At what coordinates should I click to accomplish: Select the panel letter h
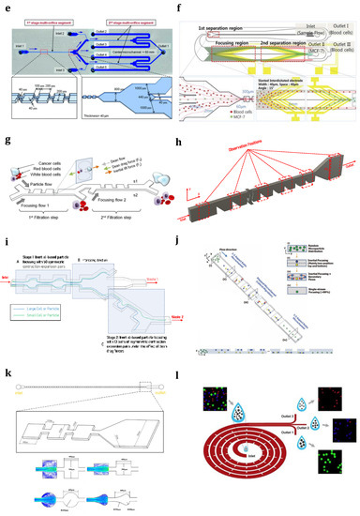point(191,141)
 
